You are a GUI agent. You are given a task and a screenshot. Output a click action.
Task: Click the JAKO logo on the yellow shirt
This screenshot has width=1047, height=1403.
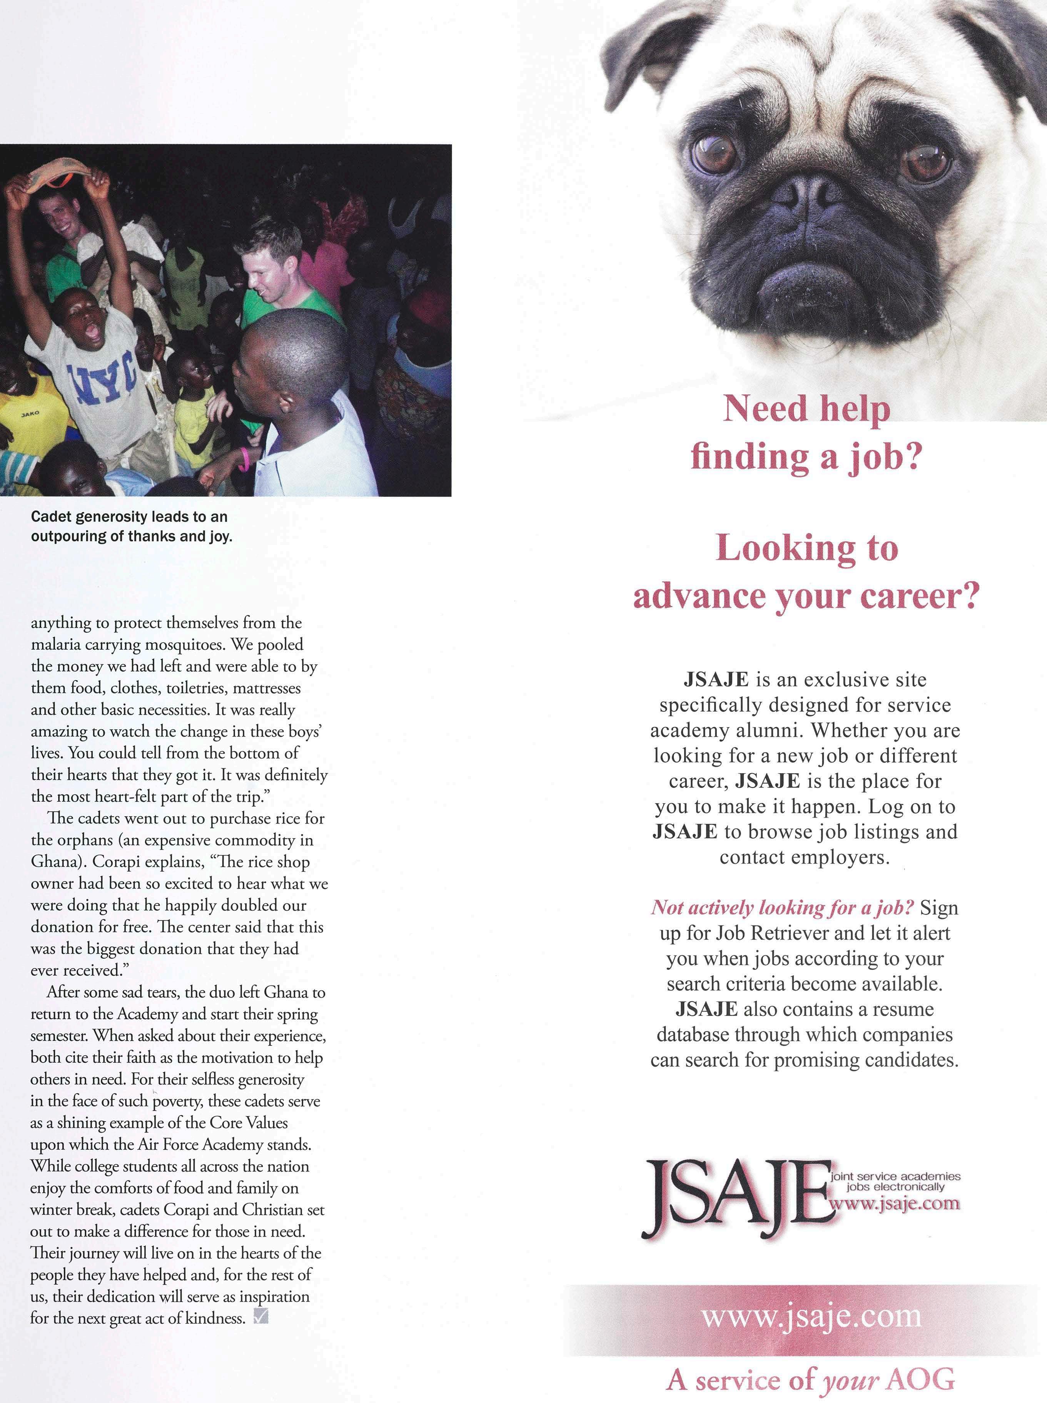click(x=30, y=413)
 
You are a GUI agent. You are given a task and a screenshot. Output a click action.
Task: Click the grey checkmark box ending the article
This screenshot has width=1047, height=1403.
click(x=260, y=1318)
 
